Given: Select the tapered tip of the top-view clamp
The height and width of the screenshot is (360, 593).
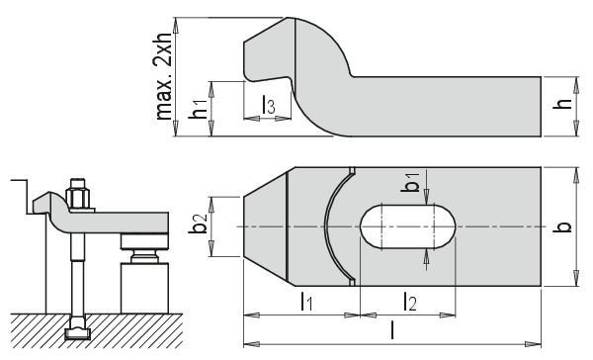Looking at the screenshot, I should (x=263, y=226).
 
